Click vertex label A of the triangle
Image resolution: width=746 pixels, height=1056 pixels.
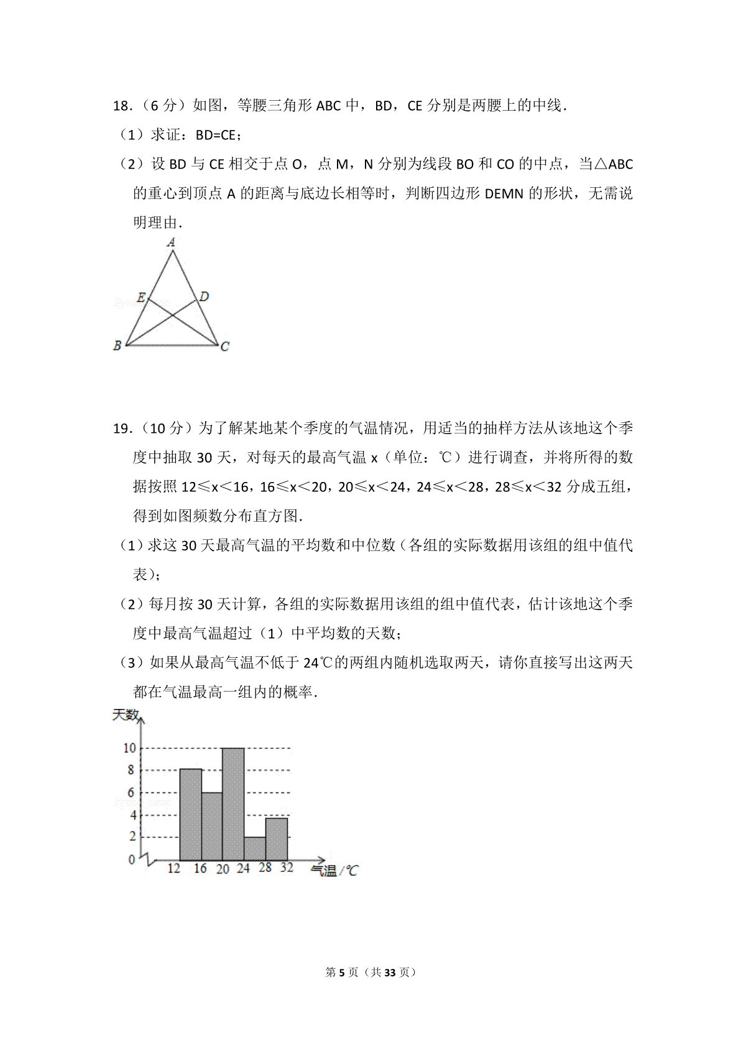(172, 243)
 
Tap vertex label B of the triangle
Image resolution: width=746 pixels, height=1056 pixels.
(117, 346)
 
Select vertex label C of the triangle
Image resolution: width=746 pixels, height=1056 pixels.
(225, 346)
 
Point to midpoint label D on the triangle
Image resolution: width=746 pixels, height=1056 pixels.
(204, 296)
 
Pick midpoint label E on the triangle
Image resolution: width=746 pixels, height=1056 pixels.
(141, 297)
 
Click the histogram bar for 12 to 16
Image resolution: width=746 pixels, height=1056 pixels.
(191, 815)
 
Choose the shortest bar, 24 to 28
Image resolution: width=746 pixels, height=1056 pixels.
(254, 848)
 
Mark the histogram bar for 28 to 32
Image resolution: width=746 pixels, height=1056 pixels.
(276, 839)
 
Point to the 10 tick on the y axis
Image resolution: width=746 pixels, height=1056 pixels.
(129, 748)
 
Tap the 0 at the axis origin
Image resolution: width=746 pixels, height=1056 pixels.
(132, 860)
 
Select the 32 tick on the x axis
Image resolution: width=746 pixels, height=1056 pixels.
(287, 867)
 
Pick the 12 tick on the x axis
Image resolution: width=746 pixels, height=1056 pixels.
(174, 868)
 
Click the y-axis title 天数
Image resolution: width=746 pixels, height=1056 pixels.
(125, 715)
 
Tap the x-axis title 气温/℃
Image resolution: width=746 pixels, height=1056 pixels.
(334, 871)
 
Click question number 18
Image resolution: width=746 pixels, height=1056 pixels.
(121, 106)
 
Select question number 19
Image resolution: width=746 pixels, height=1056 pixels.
(121, 428)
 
